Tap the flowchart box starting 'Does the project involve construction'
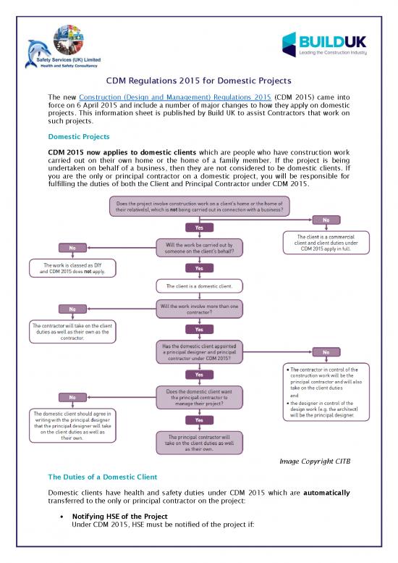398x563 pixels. (x=199, y=206)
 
